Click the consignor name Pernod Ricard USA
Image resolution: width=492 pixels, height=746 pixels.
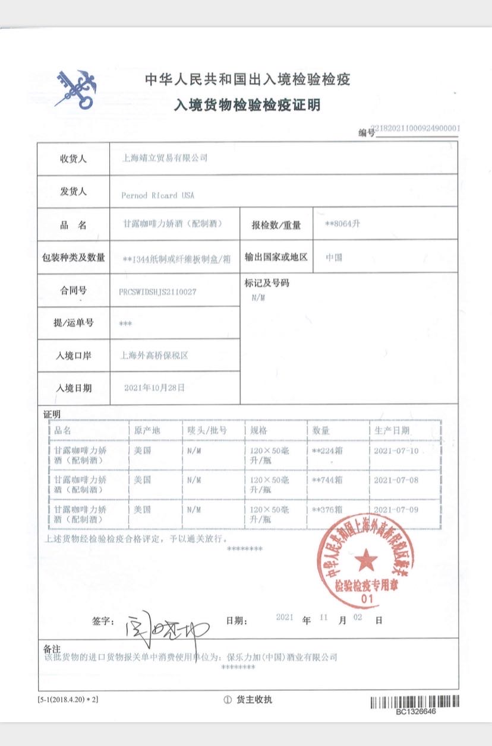(x=157, y=195)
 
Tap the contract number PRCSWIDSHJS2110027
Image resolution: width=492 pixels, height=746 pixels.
(x=158, y=291)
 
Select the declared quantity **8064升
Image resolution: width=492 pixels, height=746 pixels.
(x=343, y=224)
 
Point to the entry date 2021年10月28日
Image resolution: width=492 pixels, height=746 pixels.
(x=154, y=388)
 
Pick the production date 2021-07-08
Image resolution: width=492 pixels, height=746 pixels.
(x=396, y=480)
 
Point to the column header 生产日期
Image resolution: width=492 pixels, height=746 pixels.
(x=392, y=430)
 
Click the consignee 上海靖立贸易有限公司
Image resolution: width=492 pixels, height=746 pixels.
(x=165, y=158)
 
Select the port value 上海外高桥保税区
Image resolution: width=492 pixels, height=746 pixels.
(x=154, y=355)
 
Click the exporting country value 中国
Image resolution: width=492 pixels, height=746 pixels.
(x=334, y=258)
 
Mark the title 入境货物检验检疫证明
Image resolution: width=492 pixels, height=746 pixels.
(x=247, y=106)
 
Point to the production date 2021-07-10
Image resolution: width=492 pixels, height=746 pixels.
(x=396, y=450)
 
